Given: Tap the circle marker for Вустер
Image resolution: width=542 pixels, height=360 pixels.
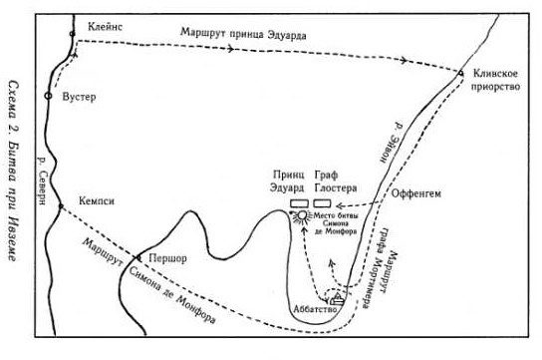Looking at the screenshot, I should [49, 96].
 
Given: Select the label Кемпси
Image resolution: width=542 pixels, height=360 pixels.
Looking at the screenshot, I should [94, 199].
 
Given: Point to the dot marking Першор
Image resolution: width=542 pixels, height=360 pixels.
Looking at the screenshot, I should [139, 255].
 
